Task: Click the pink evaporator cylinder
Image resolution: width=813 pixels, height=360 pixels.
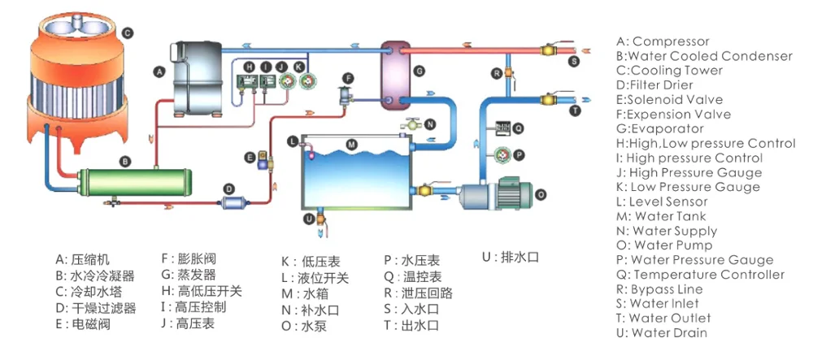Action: pyautogui.click(x=398, y=72)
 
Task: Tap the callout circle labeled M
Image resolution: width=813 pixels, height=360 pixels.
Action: pyautogui.click(x=351, y=145)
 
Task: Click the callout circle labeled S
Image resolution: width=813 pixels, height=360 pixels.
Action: pyautogui.click(x=574, y=60)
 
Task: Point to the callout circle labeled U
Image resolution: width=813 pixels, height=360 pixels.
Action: pyautogui.click(x=308, y=217)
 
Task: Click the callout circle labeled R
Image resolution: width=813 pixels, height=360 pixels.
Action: pyautogui.click(x=495, y=73)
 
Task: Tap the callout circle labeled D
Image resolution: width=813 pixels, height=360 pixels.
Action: pyautogui.click(x=229, y=189)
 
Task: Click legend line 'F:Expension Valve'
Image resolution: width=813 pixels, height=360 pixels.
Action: pyautogui.click(x=673, y=115)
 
